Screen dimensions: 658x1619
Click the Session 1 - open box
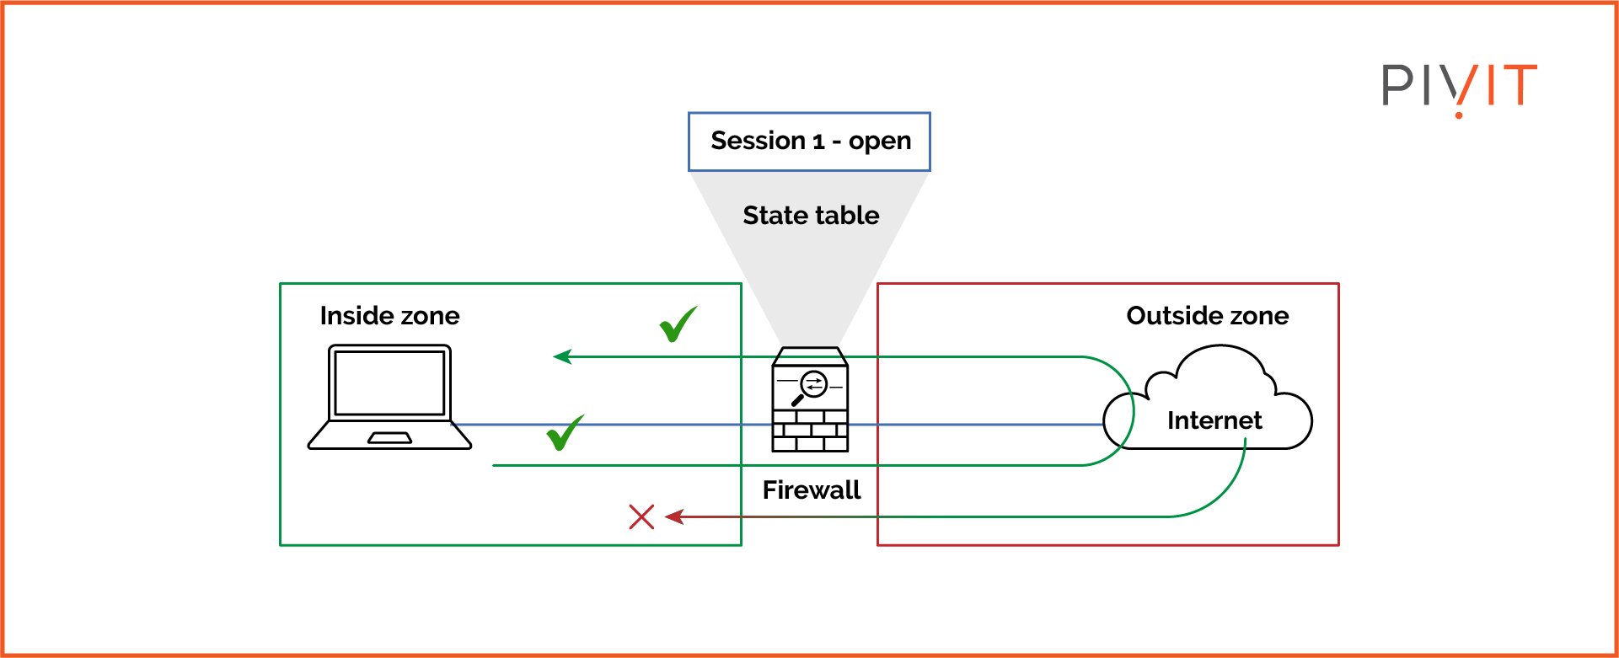(x=809, y=142)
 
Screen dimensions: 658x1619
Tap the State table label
(x=811, y=216)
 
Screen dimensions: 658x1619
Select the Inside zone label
(x=389, y=316)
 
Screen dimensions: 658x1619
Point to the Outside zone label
(x=1207, y=316)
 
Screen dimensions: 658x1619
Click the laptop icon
(x=389, y=397)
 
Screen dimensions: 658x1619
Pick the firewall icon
(x=810, y=399)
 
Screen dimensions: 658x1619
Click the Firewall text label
(x=811, y=490)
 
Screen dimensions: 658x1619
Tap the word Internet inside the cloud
(x=1214, y=420)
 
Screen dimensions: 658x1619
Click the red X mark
(x=641, y=516)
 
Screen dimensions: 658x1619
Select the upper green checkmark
(x=678, y=324)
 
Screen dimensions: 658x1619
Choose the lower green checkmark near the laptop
(x=565, y=433)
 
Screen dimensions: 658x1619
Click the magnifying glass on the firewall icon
(x=812, y=387)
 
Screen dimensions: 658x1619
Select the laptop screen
(x=389, y=382)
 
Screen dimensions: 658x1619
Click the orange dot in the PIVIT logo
(x=1459, y=114)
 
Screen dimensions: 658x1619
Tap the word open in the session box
(x=879, y=142)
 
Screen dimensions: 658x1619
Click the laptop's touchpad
(x=389, y=438)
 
